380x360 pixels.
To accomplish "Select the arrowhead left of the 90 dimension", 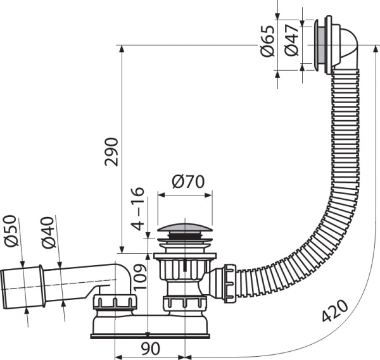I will pos(117,348).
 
